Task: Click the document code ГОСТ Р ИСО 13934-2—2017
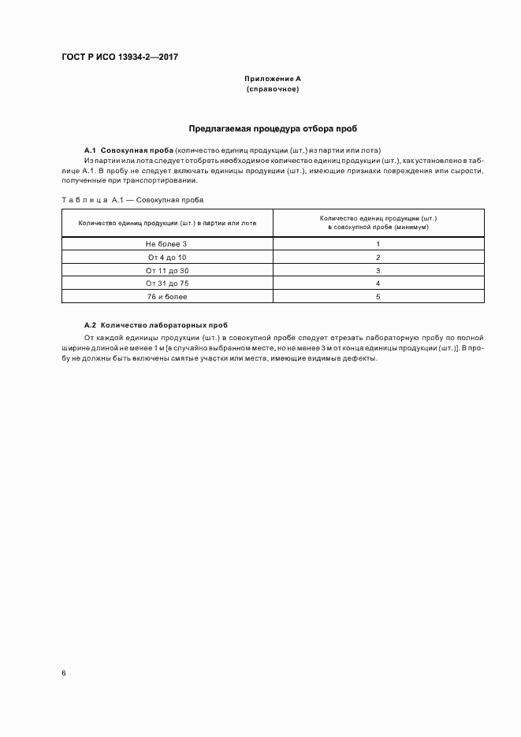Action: tap(121, 58)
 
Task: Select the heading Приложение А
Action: tap(273, 79)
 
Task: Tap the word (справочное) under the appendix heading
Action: tap(273, 90)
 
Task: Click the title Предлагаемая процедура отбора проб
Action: tap(273, 128)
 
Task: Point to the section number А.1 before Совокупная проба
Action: tap(90, 150)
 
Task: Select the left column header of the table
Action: tap(167, 223)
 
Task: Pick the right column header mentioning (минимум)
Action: tap(378, 222)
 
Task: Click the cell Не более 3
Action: tap(167, 244)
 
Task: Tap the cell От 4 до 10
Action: tap(167, 257)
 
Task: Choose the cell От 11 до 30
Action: tap(167, 270)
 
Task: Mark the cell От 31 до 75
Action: tap(167, 283)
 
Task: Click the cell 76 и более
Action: tap(167, 297)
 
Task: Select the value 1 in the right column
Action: tap(378, 244)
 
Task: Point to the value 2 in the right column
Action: tap(378, 257)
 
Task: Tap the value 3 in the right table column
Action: tap(378, 270)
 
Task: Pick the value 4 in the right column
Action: tap(378, 283)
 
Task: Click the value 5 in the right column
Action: tap(378, 297)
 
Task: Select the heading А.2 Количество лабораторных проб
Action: tap(156, 325)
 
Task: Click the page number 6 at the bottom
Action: tap(64, 673)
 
